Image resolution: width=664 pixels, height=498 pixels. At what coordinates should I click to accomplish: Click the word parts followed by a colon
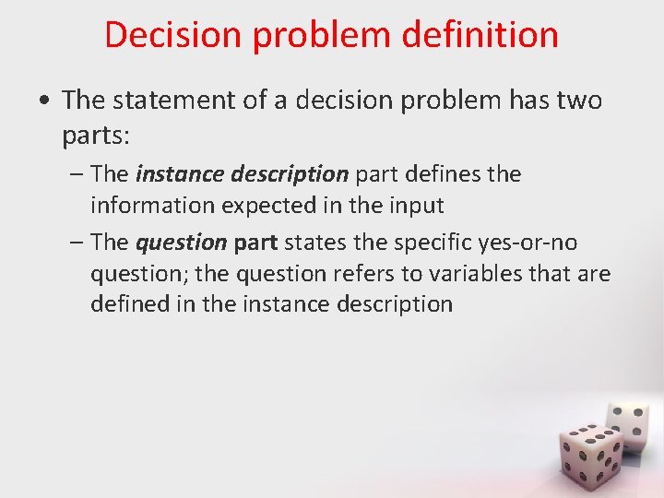pyautogui.click(x=97, y=136)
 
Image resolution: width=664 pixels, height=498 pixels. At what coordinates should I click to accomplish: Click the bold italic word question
pyautogui.click(x=181, y=243)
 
